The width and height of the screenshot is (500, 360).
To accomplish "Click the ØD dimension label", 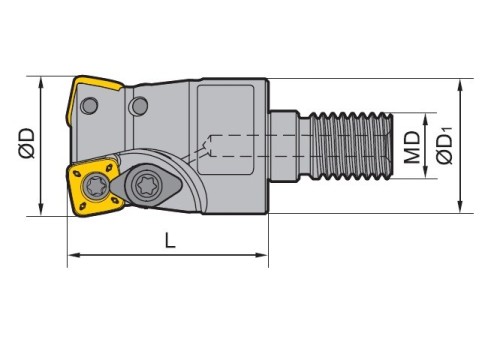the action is (x=27, y=143).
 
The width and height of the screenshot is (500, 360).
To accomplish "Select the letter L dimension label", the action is (x=170, y=240).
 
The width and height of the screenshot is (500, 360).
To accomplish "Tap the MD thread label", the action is (x=412, y=147).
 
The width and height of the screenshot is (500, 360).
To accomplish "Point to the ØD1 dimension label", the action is (x=445, y=146).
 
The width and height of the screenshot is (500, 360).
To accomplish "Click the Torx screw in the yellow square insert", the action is (x=96, y=187).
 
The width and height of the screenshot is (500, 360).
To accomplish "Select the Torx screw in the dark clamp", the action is (x=146, y=184).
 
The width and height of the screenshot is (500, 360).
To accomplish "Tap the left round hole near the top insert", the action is (x=89, y=106).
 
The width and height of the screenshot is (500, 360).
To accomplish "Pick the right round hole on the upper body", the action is (x=140, y=106).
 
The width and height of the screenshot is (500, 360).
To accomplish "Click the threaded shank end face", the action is (x=390, y=147).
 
